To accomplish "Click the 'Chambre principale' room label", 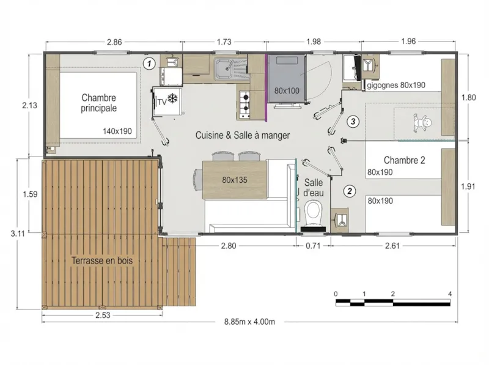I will click(x=98, y=103).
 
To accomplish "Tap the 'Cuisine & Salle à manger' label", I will click(x=242, y=135).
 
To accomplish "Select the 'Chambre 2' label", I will click(x=405, y=160).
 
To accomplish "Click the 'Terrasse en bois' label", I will click(x=103, y=260).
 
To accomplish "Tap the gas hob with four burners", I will click(x=245, y=105).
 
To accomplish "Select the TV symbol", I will click(x=161, y=102).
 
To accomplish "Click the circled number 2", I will click(x=350, y=191).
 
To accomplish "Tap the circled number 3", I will click(x=353, y=122).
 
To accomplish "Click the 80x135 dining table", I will click(x=235, y=180).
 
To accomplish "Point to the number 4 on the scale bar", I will click(x=450, y=294).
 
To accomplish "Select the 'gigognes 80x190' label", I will click(x=395, y=86).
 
